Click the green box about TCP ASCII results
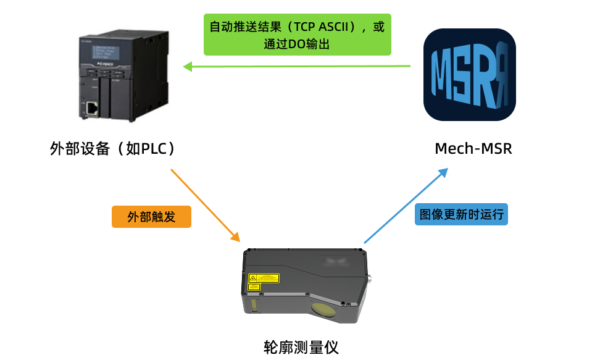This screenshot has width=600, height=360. pyautogui.click(x=298, y=35)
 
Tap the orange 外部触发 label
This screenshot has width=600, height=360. pyautogui.click(x=151, y=217)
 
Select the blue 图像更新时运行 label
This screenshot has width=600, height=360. pyautogui.click(x=461, y=214)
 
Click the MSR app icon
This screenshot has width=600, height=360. pyautogui.click(x=469, y=74)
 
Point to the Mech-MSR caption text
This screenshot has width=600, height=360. pyautogui.click(x=473, y=149)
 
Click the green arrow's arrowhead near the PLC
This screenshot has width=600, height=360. pyautogui.click(x=187, y=65)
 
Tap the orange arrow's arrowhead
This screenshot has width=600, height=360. pyautogui.click(x=235, y=237)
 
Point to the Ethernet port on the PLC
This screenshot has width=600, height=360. pyautogui.click(x=91, y=109)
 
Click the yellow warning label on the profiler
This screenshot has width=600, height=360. pyautogui.click(x=264, y=278)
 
